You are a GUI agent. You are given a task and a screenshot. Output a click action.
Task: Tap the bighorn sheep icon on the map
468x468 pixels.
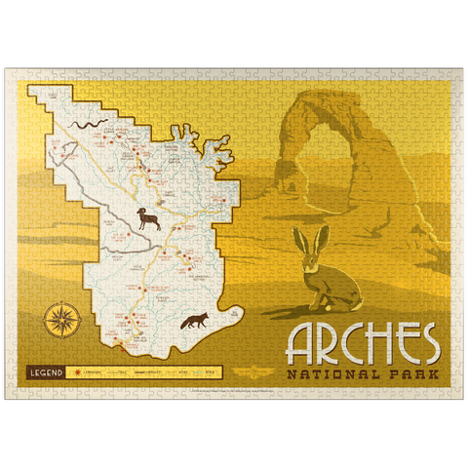pyautogui.click(x=148, y=219)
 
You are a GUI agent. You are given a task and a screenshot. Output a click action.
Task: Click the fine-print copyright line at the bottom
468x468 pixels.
pyautogui.click(x=234, y=387)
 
